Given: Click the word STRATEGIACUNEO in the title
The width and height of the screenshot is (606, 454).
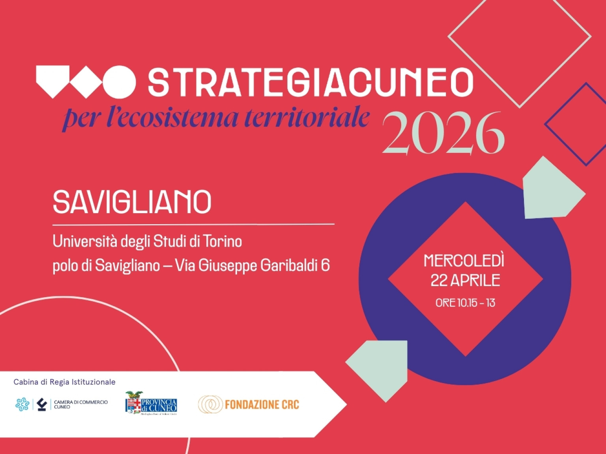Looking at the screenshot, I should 310,82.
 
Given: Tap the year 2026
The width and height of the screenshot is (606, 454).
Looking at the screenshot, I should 443,133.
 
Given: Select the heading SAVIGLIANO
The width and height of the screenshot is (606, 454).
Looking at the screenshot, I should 132,202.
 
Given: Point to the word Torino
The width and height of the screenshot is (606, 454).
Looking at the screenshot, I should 222,241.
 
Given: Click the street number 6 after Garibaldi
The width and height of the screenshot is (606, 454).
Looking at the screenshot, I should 325,265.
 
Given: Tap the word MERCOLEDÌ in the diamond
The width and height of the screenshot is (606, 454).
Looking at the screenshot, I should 464,260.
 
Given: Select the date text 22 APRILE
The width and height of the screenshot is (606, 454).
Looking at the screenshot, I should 465,281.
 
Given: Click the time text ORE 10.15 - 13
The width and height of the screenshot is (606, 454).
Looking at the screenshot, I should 465,303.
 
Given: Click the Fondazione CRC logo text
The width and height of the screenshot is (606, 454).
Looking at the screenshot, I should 262,405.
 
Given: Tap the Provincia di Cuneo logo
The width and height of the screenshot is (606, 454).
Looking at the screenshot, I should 151,403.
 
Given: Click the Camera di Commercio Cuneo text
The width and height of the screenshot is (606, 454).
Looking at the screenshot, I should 80,404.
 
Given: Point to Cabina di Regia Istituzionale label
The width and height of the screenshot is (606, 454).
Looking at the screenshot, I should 64,382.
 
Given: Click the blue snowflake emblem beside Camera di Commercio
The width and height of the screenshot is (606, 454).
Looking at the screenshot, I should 22,405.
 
